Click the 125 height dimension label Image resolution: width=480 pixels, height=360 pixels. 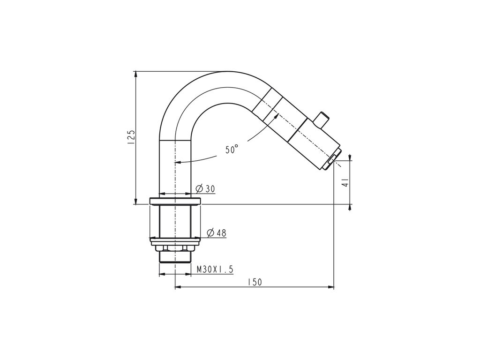pos(131,138)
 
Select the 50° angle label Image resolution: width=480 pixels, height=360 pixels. pos(232,150)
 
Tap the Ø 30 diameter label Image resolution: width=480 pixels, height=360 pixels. pos(205,189)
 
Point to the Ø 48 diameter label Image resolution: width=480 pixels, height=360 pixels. pos(216,232)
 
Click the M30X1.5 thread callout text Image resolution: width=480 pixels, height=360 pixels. pos(215,270)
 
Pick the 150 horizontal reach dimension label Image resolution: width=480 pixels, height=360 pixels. pos(255,282)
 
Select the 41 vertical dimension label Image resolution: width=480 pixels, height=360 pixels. pos(345,182)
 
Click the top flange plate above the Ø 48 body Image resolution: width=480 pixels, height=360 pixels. pos(175,202)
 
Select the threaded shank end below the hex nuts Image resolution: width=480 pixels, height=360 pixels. pos(175,257)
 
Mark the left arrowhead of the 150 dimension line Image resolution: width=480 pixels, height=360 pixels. pos(178,287)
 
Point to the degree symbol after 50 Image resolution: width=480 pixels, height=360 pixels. pos(237,146)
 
